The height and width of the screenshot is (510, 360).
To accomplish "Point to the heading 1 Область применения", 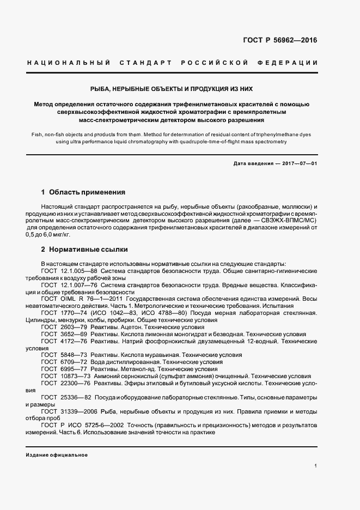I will tap(84, 192).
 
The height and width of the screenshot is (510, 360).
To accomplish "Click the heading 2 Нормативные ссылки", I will tap(85, 249).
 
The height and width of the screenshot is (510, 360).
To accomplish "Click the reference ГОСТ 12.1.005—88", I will tap(69, 270).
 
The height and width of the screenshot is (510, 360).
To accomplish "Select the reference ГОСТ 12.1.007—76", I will tap(69, 284).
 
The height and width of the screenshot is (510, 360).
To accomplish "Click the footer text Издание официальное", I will tap(57, 455).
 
